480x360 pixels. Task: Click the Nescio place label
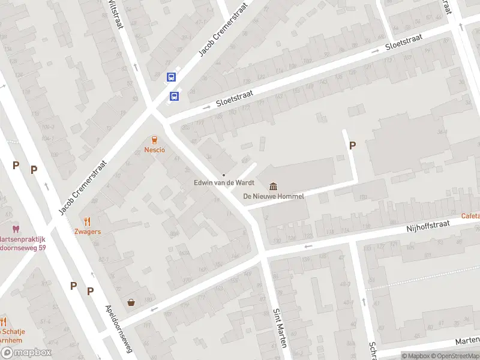(154, 149)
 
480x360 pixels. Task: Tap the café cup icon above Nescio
(154, 139)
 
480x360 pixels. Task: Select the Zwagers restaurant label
(88, 231)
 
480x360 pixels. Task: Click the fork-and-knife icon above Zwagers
(88, 221)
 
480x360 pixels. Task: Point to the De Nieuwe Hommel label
(274, 196)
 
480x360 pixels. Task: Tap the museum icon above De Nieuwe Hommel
(274, 185)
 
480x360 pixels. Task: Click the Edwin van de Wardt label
(224, 183)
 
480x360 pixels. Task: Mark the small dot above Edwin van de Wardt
(224, 175)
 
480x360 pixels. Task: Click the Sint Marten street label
(279, 328)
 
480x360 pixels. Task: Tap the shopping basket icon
(131, 302)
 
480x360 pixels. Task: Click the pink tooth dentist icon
(16, 229)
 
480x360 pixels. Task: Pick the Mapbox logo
(26, 353)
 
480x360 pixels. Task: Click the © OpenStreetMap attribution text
(454, 356)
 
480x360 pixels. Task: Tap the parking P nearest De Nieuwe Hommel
(352, 145)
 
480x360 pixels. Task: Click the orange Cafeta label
(470, 215)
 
